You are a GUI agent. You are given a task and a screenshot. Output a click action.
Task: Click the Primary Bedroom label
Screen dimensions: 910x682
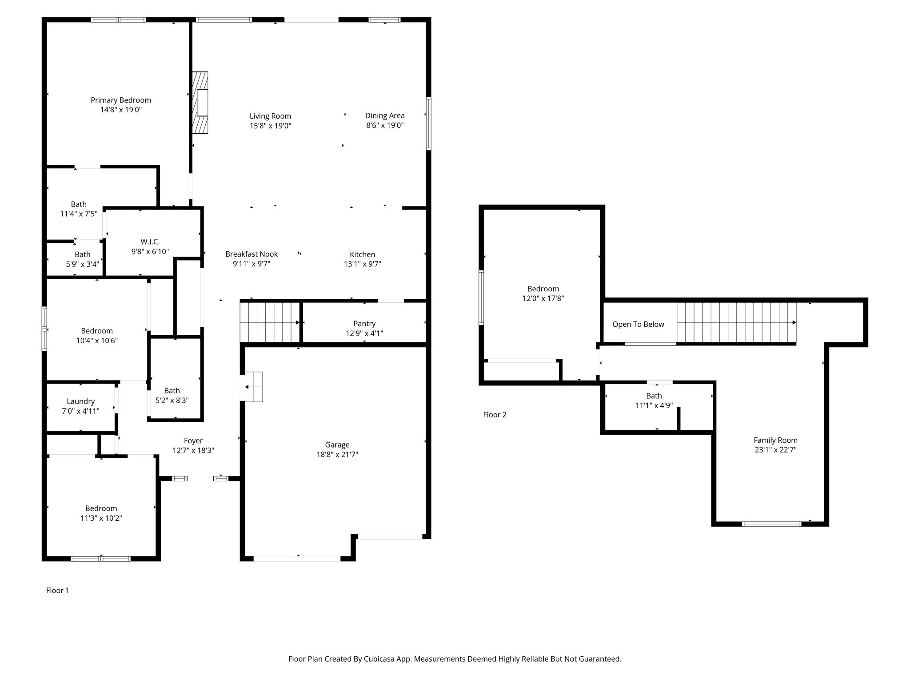coord(121,100)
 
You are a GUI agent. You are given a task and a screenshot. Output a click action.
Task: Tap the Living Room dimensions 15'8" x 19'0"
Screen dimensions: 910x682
coord(270,126)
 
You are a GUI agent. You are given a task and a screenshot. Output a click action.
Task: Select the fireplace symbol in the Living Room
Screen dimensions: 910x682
coord(200,103)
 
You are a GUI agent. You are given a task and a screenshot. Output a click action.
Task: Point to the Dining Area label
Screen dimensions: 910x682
coord(385,116)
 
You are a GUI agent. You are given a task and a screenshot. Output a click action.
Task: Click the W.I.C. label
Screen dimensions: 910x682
coord(150,242)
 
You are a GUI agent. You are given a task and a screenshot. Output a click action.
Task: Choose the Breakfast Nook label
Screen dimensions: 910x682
coord(251,254)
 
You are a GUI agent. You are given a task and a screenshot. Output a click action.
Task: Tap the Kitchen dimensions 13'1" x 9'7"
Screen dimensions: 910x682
coord(363,264)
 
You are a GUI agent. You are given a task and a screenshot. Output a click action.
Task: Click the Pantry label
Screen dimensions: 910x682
coord(364,324)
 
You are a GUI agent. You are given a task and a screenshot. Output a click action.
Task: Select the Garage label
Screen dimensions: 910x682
coord(337,445)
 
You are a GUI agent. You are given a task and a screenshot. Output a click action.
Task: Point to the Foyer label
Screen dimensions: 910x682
coord(193,440)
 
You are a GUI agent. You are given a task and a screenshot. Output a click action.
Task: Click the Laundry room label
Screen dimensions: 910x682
coord(80,401)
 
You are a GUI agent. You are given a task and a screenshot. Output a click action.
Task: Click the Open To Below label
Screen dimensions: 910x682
coord(638,325)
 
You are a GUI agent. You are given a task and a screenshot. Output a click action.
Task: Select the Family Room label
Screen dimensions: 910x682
coord(775,440)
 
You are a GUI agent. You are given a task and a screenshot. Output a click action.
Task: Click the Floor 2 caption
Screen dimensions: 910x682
coord(495,415)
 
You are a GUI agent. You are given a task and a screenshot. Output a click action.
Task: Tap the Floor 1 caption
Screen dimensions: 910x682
coord(58,591)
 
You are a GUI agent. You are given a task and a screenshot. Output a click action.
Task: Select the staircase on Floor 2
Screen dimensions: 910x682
coord(736,323)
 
